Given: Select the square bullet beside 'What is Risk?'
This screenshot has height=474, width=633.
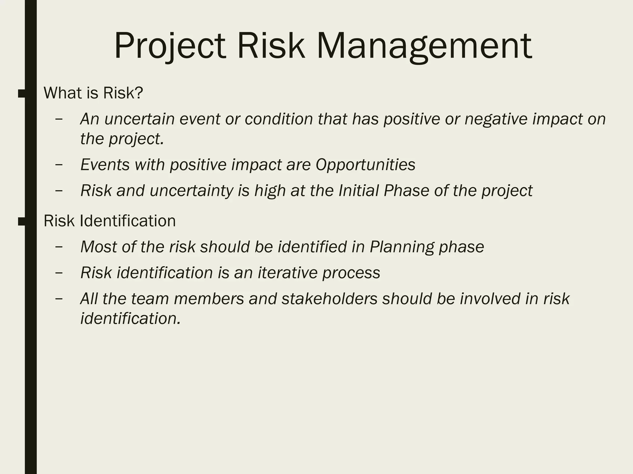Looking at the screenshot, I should [x=22, y=94].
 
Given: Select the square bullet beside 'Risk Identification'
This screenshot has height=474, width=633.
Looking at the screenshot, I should [x=22, y=222].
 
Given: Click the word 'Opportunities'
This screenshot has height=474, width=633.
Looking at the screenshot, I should [x=365, y=165].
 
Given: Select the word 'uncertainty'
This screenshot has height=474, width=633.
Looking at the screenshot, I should [x=191, y=191].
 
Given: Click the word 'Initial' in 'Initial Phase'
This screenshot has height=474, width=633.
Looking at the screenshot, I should [x=359, y=191].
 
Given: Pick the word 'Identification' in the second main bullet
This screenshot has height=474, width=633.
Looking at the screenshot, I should [x=128, y=221].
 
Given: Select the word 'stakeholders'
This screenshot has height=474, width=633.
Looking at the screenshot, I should [x=329, y=299].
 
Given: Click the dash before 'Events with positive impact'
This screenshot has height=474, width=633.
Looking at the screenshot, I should [x=59, y=165].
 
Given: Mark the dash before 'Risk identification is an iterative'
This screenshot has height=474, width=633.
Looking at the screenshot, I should [x=59, y=273].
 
